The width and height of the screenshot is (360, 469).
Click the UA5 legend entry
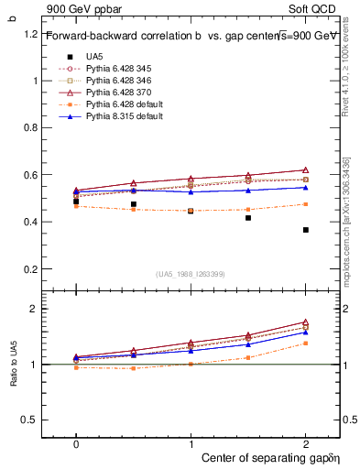click(x=94, y=57)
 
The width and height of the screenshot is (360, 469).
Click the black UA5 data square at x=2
click(x=305, y=230)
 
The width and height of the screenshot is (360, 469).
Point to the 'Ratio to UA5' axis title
click(x=14, y=378)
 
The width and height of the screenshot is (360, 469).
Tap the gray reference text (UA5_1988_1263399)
click(x=191, y=274)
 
